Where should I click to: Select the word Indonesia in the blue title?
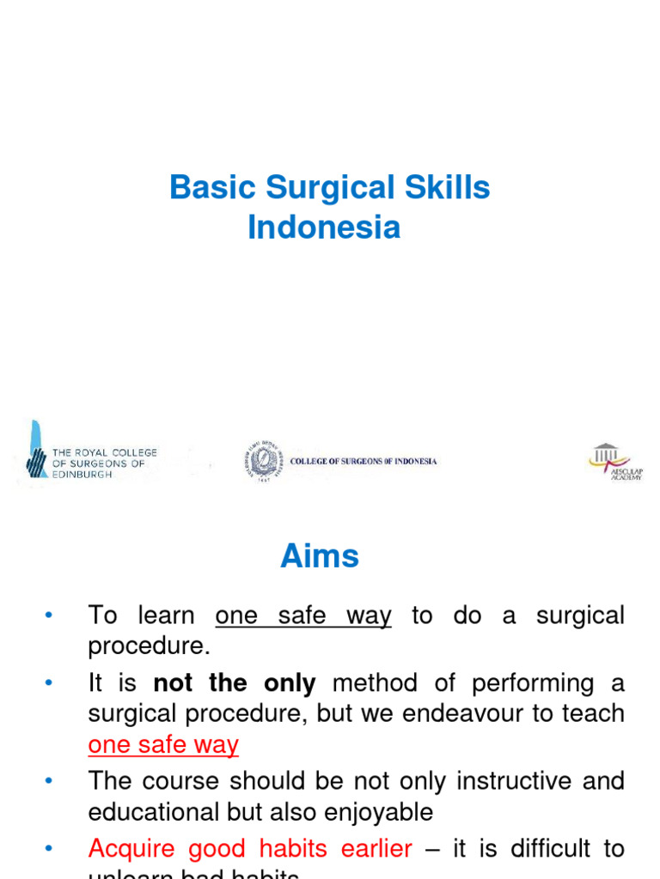point(324,227)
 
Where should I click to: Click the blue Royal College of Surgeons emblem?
point(36,451)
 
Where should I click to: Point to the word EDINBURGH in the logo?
point(82,475)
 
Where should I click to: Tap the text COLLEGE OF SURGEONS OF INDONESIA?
point(364,462)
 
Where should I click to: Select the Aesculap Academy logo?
point(614,461)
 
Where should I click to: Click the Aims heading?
point(320,557)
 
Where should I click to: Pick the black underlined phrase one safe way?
point(303,615)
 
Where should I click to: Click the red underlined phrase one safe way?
point(163,744)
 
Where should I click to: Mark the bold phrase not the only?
point(235,683)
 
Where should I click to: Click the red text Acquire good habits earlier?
point(250,849)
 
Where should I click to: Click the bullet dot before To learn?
point(48,615)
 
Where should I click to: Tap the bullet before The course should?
point(48,780)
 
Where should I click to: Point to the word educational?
point(156,811)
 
